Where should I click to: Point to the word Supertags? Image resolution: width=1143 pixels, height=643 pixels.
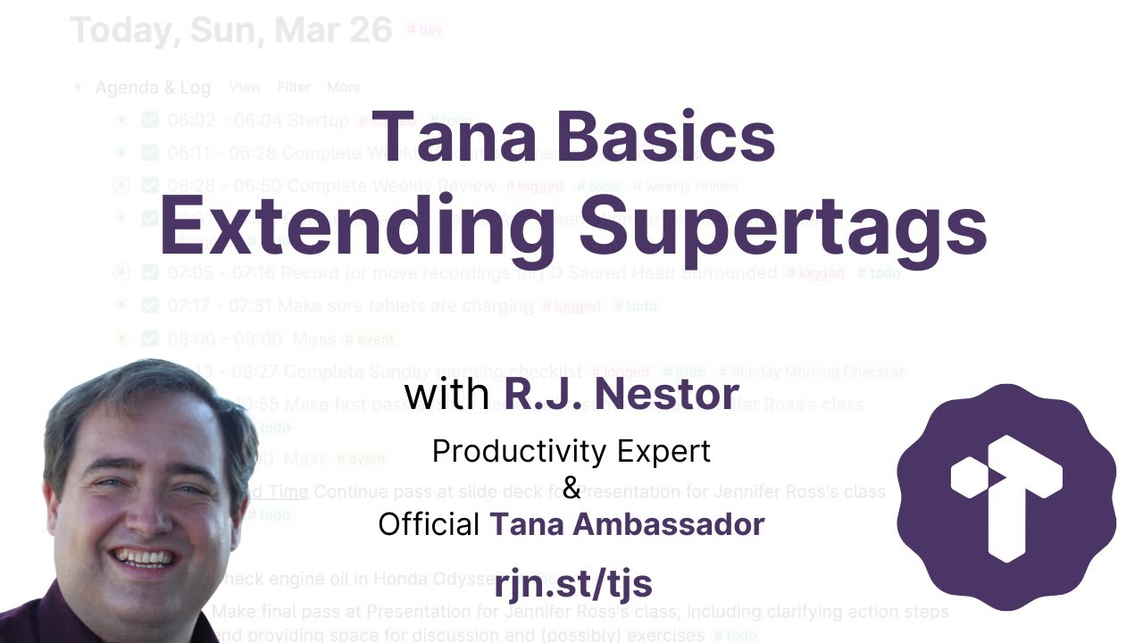(x=782, y=224)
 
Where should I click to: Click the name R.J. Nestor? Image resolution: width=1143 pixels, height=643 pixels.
(x=622, y=394)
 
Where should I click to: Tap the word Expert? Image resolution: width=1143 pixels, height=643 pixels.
(x=666, y=452)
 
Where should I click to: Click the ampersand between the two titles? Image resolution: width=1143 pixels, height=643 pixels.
(x=571, y=488)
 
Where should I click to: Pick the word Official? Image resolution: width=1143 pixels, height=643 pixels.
(x=429, y=524)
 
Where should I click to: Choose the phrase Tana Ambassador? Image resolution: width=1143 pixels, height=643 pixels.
(x=627, y=524)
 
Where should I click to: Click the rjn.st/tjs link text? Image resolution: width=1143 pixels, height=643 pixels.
(x=572, y=583)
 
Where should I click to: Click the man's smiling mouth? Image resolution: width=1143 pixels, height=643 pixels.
(x=143, y=558)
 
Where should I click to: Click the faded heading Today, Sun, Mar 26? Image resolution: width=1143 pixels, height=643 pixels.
(x=231, y=29)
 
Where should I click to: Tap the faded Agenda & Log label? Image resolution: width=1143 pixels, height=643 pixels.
(x=153, y=88)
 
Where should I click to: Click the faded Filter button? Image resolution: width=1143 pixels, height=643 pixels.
(x=294, y=88)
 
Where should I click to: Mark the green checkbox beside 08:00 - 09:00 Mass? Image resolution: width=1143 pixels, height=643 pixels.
(x=150, y=338)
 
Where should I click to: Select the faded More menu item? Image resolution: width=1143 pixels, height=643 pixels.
(x=344, y=88)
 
